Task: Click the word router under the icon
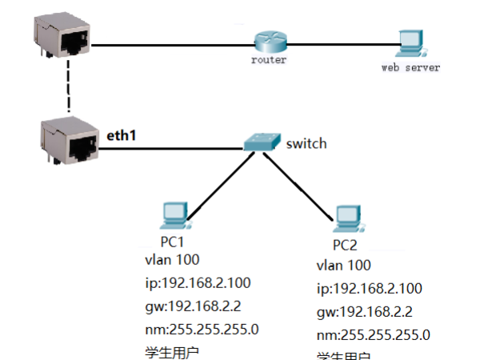[x=268, y=61]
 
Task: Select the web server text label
[x=410, y=68]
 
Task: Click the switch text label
[x=306, y=144]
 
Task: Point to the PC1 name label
[x=174, y=241]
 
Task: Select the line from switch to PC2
[x=299, y=184]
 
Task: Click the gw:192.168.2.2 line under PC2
[x=364, y=311]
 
